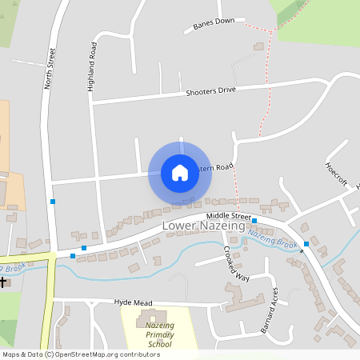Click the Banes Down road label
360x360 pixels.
(214, 25)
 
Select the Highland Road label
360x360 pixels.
(92, 66)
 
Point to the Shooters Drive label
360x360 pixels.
(210, 91)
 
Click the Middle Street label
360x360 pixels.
(228, 217)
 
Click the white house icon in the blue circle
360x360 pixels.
(180, 172)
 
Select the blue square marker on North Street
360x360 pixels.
(53, 202)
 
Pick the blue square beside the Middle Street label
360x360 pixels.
(254, 220)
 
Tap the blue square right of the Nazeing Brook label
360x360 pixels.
(306, 243)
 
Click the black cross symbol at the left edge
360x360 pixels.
(3, 282)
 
